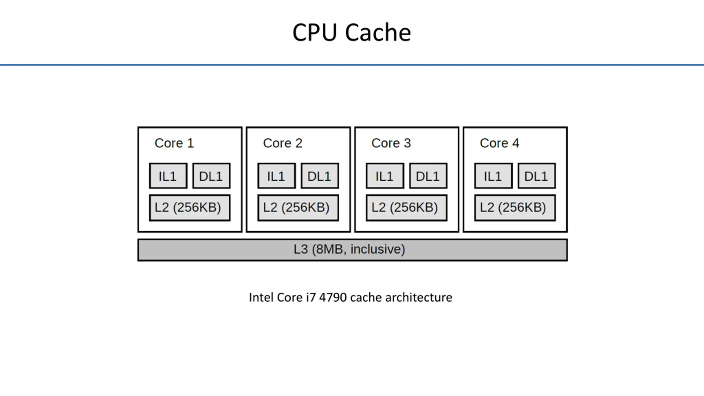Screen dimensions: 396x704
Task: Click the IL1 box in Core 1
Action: (168, 176)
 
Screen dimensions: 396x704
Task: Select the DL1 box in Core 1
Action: (211, 176)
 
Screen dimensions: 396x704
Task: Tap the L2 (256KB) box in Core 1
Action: (190, 208)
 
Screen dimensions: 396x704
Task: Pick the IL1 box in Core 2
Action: (277, 176)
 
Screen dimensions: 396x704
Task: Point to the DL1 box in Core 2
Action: (320, 176)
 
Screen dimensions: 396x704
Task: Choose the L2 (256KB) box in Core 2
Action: (298, 208)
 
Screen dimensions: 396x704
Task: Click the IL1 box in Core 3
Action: (385, 176)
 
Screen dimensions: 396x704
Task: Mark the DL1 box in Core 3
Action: (428, 176)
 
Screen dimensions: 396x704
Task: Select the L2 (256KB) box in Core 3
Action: (406, 208)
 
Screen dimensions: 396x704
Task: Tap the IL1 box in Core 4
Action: (493, 176)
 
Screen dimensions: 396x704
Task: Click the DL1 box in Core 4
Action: (537, 176)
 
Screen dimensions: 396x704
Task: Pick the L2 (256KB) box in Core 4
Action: (515, 208)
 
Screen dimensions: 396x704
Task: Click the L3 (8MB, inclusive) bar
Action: (352, 250)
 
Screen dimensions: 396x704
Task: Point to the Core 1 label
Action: (174, 143)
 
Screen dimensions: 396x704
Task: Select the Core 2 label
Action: (283, 143)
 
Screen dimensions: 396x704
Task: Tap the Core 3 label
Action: (391, 143)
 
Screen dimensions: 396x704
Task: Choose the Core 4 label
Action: (499, 143)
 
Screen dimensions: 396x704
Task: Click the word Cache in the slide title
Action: (378, 33)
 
